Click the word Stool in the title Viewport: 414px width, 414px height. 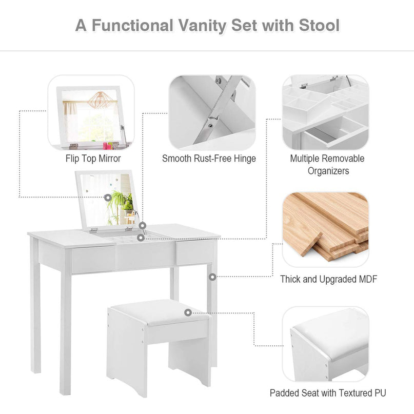tap(319, 25)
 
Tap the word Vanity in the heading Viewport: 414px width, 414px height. tap(202, 26)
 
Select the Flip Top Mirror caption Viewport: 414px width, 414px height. tap(93, 159)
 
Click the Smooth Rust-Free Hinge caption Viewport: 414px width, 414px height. tap(209, 159)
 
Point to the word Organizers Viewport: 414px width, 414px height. tap(328, 171)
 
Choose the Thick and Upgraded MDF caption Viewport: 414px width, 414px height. tap(329, 279)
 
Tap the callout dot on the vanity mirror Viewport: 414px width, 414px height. tap(108, 197)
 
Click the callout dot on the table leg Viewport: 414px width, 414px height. tap(212, 277)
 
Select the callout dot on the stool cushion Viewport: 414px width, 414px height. tap(188, 312)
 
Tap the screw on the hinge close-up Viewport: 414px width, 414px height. tap(210, 126)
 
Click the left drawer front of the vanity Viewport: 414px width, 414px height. tap(93, 260)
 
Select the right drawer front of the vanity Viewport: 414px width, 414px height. tap(195, 252)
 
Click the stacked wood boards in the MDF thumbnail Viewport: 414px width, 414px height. tap(326, 226)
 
